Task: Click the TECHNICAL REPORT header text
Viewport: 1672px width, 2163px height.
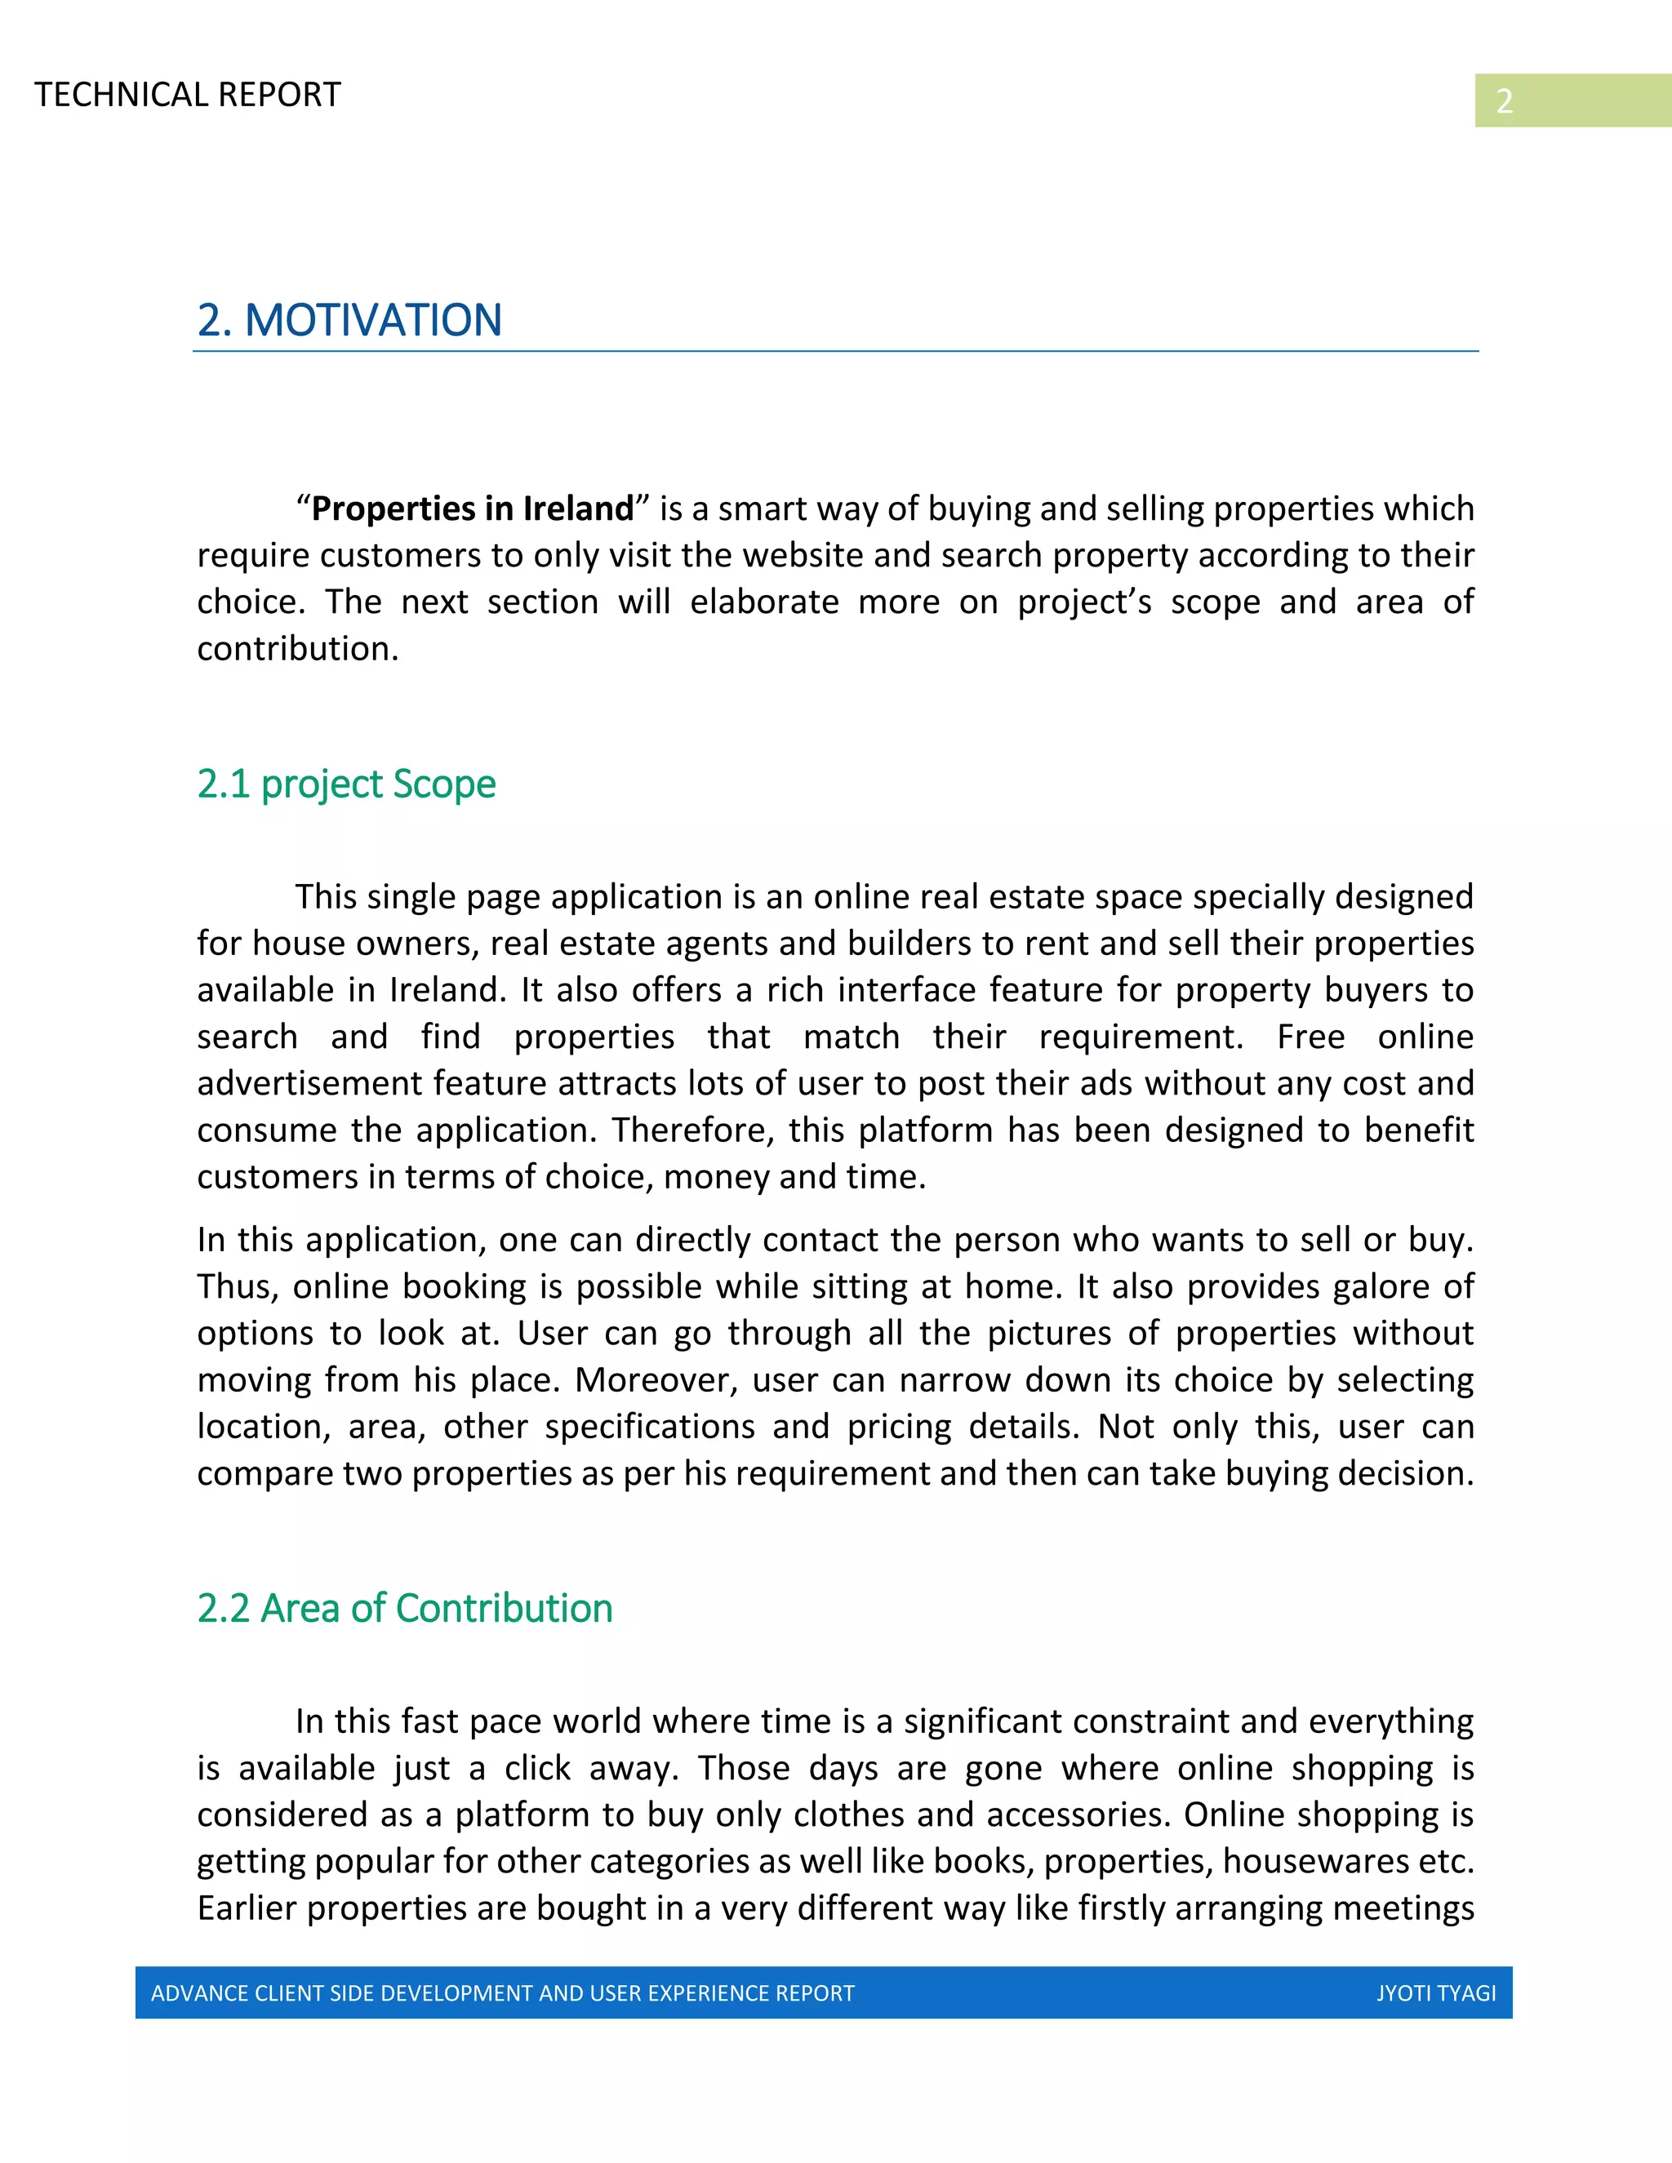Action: [187, 95]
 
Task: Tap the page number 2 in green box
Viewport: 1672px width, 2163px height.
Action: [1504, 101]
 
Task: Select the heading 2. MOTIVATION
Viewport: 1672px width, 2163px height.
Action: [349, 320]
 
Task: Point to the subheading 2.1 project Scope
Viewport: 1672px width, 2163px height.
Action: [345, 784]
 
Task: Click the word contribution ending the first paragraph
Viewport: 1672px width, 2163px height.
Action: [296, 649]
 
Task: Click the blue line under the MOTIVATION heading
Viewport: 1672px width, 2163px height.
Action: [835, 351]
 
